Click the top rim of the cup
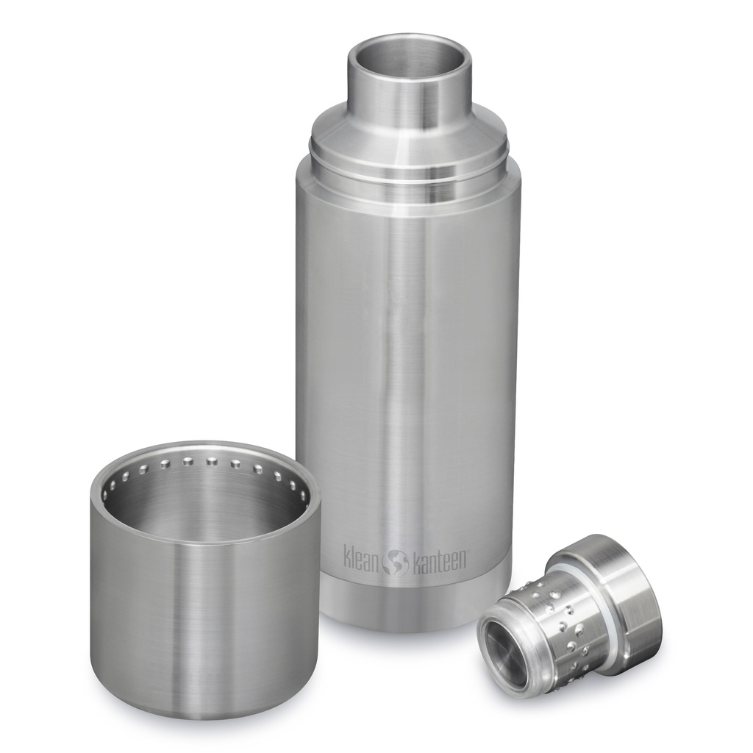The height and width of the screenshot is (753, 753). coord(206,446)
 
